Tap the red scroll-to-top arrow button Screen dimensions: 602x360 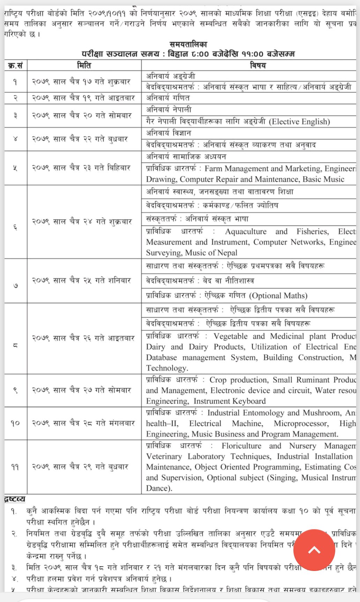click(314, 550)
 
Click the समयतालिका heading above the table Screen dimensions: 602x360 click(188, 44)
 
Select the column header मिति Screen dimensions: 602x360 click(84, 66)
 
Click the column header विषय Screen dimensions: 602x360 click(258, 66)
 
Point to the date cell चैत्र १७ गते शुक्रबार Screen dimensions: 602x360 click(81, 82)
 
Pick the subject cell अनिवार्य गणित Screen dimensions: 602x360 click(168, 98)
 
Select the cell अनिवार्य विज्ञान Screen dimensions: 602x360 click(168, 133)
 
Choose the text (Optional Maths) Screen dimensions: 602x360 click(278, 296)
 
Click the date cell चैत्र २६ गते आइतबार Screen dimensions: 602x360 click(83, 338)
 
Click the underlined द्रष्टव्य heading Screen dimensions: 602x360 click(15, 499)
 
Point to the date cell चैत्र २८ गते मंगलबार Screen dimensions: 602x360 click(83, 424)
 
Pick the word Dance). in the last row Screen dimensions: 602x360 click(159, 488)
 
